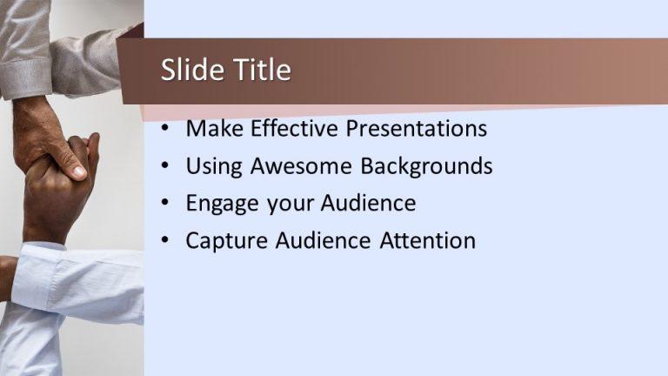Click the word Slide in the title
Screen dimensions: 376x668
click(185, 70)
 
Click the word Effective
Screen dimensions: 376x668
click(295, 129)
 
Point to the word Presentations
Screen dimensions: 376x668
click(417, 130)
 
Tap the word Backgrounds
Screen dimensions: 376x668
click(426, 166)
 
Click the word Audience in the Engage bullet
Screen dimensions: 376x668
click(368, 203)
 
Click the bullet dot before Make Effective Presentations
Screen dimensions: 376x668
click(166, 130)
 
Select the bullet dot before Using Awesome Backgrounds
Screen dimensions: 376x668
click(166, 167)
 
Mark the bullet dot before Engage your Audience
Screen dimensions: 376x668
click(166, 205)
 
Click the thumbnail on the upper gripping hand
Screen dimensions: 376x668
click(77, 171)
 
